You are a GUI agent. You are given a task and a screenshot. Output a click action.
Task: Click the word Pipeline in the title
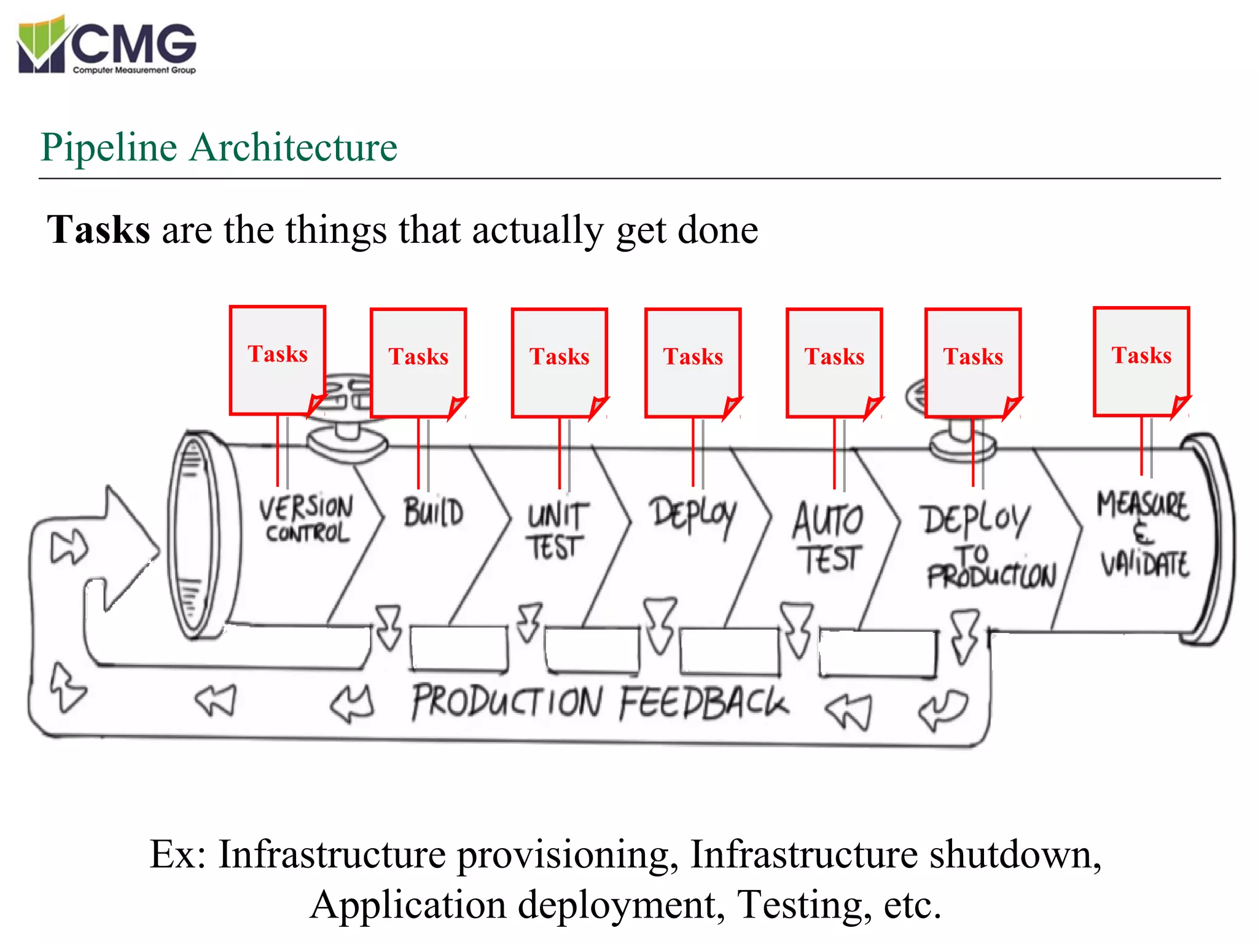coord(109,148)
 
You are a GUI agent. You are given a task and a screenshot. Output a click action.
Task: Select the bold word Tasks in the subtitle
coord(98,230)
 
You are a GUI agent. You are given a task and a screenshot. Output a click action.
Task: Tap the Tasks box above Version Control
coord(278,360)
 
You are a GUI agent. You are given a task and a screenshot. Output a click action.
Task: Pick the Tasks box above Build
coord(418,363)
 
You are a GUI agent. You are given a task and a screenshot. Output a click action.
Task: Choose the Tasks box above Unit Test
coord(560,363)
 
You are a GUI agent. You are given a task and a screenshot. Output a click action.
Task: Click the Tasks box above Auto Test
coord(834,363)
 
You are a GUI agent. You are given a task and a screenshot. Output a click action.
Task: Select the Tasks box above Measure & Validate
coord(1141,361)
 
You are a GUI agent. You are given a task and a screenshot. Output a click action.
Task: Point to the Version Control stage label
coord(307,519)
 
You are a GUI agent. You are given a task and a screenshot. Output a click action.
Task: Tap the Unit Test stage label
coord(557,531)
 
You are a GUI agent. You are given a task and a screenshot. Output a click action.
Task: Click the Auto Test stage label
coord(828,538)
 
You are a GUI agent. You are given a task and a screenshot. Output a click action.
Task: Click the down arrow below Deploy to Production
coord(964,636)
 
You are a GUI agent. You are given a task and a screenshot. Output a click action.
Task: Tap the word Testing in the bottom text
coord(804,905)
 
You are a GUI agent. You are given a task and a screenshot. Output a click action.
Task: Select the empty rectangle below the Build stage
coord(459,648)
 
